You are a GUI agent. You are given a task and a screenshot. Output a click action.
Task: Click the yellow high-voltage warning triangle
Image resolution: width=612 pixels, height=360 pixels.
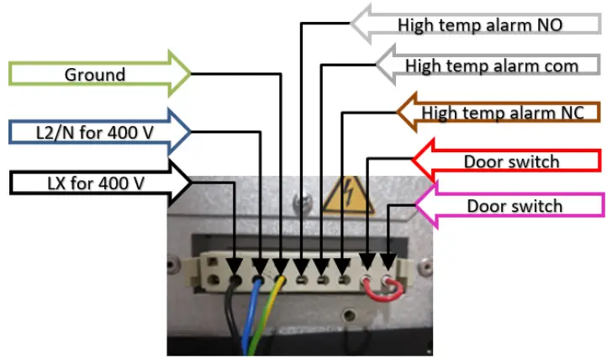pyautogui.click(x=346, y=195)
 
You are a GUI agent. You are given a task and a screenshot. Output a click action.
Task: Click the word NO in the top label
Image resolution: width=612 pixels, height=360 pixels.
pyautogui.click(x=549, y=25)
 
